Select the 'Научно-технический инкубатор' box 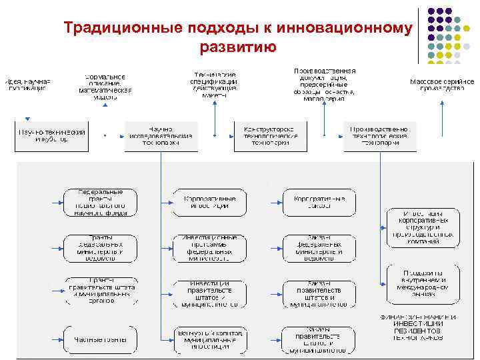pyautogui.click(x=51, y=136)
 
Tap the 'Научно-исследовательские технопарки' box pyautogui.click(x=161, y=136)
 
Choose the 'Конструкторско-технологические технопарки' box pyautogui.click(x=271, y=136)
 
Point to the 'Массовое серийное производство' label pyautogui.click(x=441, y=85)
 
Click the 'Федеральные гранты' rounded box pyautogui.click(x=100, y=202)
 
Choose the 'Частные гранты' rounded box pyautogui.click(x=100, y=340)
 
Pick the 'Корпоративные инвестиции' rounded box pyautogui.click(x=209, y=202)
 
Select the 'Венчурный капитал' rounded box pyautogui.click(x=209, y=340)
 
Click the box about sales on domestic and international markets pyautogui.click(x=423, y=283)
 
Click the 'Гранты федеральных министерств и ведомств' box pyautogui.click(x=100, y=248)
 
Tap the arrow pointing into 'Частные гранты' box pyautogui.click(x=56, y=340)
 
